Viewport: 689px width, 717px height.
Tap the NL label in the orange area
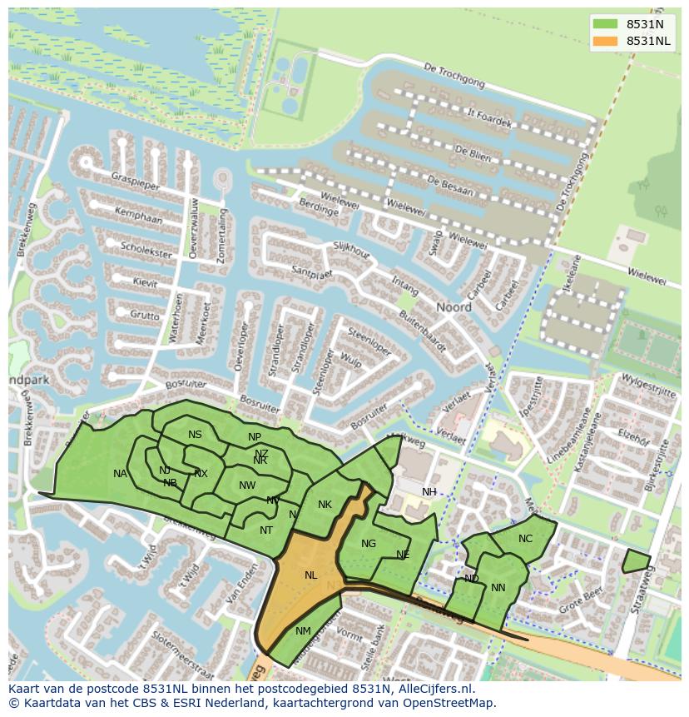click(310, 575)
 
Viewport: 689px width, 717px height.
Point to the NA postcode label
click(121, 474)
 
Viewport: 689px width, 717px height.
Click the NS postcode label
click(195, 435)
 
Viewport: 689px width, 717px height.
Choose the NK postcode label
click(325, 505)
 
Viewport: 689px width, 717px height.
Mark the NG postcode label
click(369, 544)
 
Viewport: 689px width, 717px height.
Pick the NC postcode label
click(525, 539)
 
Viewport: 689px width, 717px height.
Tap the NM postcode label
click(303, 631)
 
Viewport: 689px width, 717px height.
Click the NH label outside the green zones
click(429, 492)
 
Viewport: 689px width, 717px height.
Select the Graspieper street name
click(138, 182)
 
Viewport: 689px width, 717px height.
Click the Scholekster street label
click(146, 249)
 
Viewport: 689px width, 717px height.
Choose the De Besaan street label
click(449, 186)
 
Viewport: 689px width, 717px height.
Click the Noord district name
click(454, 307)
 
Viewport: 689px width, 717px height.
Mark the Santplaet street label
click(312, 274)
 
